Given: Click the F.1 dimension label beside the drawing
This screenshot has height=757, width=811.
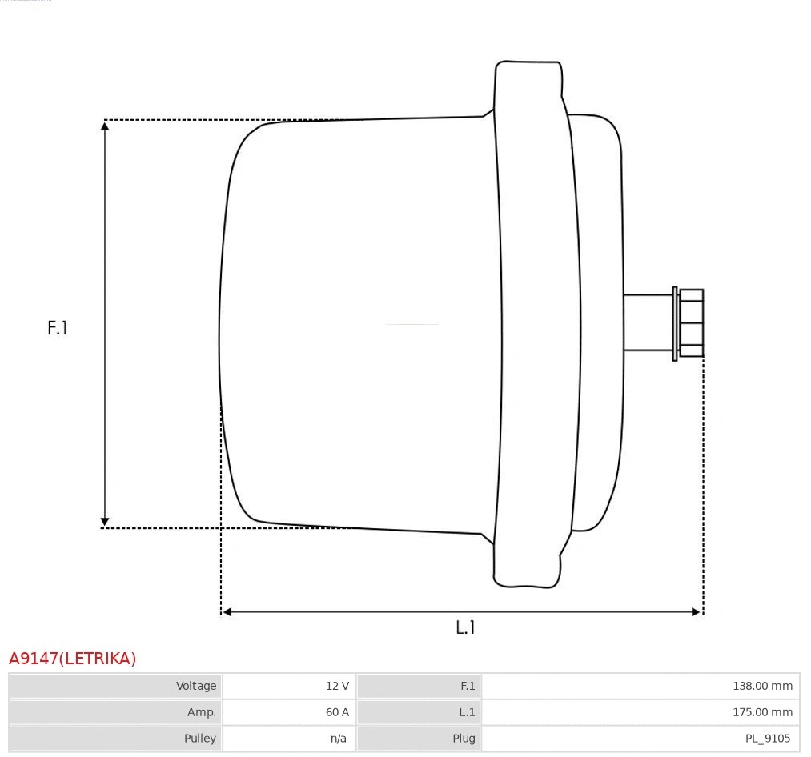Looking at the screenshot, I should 58,327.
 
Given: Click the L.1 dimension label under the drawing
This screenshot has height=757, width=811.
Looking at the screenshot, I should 465,627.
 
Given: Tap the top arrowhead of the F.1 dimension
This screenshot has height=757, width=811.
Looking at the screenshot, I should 105,126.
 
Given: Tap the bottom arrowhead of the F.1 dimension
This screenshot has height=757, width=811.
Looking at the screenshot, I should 105,522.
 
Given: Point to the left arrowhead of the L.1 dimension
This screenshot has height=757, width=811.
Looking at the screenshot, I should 227,612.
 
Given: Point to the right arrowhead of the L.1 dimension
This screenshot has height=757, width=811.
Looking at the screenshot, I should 697,612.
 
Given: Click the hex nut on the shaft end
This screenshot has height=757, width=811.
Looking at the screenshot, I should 692,322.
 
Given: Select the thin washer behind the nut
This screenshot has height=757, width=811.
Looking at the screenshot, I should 675,323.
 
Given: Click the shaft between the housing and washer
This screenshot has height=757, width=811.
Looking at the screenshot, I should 647,322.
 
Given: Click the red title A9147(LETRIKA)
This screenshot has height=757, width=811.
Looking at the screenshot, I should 73,659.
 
